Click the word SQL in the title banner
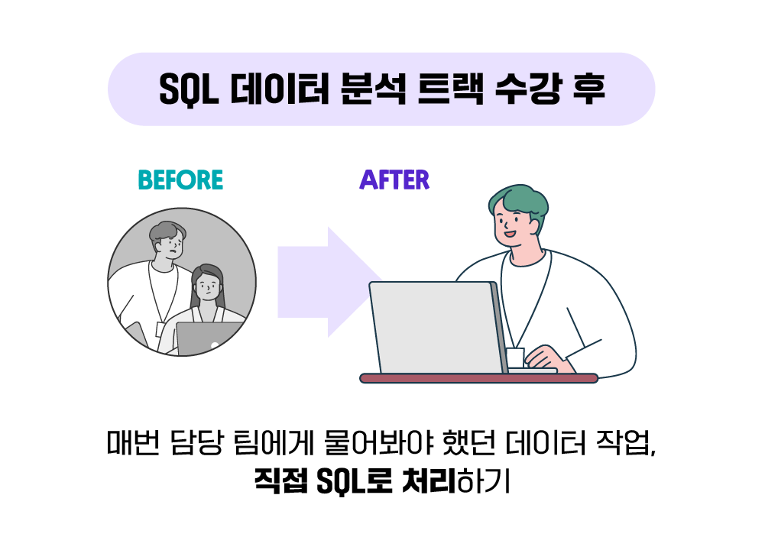click(x=189, y=89)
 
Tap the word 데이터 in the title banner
click(x=280, y=89)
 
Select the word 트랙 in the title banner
click(x=450, y=89)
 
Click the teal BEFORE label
click(x=180, y=180)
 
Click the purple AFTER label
click(x=394, y=180)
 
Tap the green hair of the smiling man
click(x=519, y=205)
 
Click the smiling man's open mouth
click(x=510, y=234)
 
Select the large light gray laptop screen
click(x=436, y=328)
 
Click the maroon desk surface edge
click(x=478, y=378)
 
